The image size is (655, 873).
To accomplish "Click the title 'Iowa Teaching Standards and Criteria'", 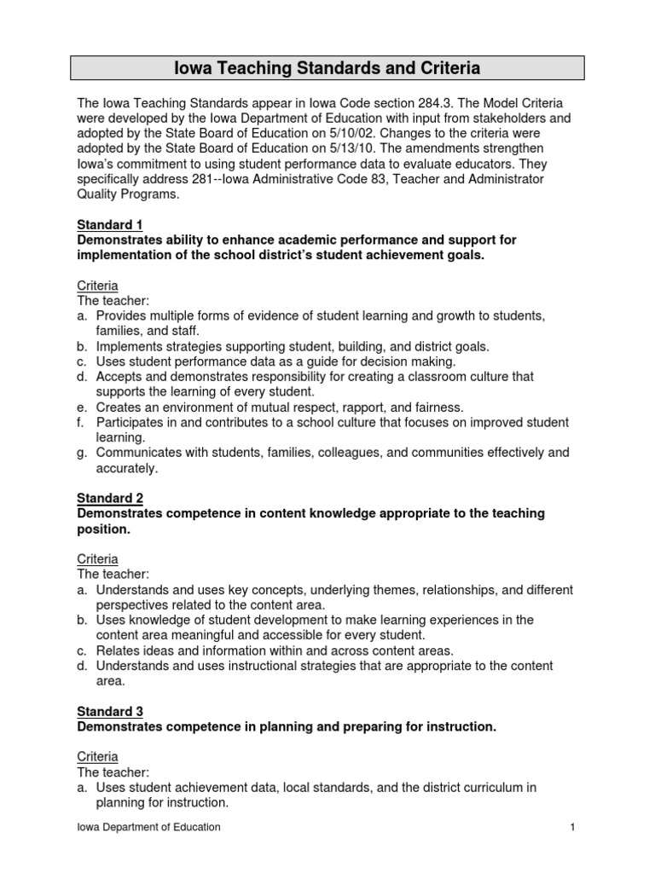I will (327, 67).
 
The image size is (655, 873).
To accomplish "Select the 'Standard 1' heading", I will (110, 225).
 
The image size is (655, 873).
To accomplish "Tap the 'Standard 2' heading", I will (110, 498).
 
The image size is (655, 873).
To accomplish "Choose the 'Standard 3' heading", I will (110, 711).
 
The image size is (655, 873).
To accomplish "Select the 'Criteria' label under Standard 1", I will (97, 286).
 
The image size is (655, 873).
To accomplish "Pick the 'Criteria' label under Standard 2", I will (97, 558).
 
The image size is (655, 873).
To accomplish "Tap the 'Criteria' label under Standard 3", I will (97, 756).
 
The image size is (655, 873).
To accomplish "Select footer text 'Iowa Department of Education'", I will (148, 827).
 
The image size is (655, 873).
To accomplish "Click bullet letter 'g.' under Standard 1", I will (83, 453).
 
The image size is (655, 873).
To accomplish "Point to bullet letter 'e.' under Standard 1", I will (83, 408).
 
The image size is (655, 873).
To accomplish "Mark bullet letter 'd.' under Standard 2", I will (83, 665).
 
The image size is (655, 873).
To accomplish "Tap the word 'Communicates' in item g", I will (136, 453).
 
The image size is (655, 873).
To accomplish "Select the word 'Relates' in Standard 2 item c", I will (117, 650).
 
